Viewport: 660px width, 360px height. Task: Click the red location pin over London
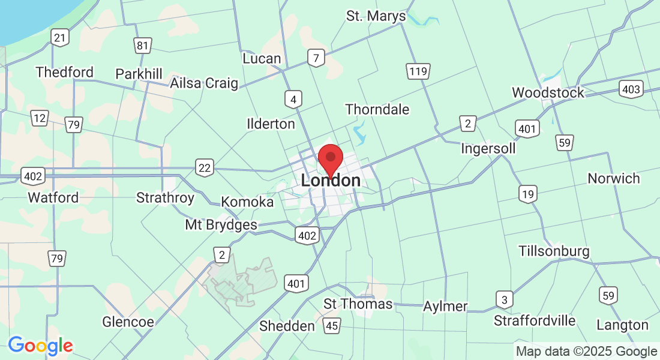tap(330, 159)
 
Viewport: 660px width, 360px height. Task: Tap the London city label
tap(331, 181)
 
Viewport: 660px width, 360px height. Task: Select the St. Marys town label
tap(376, 16)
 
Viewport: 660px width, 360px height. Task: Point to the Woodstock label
tap(548, 92)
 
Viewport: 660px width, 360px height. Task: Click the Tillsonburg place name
tap(554, 251)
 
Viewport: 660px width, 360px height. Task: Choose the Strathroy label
tap(165, 197)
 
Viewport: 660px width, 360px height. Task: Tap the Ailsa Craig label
tap(204, 83)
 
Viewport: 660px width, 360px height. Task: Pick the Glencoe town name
tap(128, 322)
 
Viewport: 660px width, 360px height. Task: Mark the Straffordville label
tap(535, 320)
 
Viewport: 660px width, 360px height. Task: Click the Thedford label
tap(64, 72)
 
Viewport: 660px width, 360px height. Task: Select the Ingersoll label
tap(488, 148)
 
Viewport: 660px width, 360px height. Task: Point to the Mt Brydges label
tap(221, 225)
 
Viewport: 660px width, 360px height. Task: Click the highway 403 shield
tap(631, 89)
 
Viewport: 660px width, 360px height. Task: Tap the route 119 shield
tap(418, 72)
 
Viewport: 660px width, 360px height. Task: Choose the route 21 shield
tap(59, 38)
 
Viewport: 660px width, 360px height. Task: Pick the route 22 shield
tap(205, 167)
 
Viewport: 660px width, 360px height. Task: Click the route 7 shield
tap(316, 58)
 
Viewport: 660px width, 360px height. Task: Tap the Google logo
tap(40, 346)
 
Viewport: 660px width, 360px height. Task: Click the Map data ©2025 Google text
tap(586, 352)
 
